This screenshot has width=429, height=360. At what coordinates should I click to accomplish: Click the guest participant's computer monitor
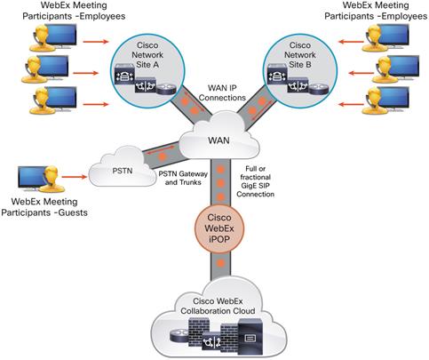(34, 177)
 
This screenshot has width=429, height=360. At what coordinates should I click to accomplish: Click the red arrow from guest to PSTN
(77, 173)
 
